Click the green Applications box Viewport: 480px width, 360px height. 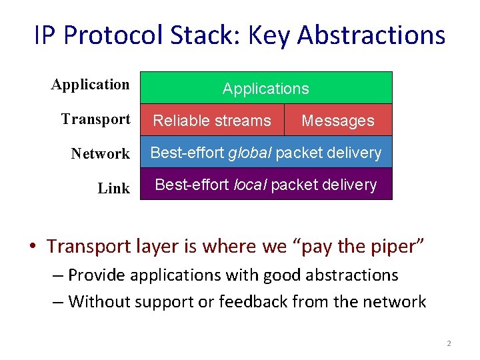(266, 88)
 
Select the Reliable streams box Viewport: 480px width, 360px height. (212, 121)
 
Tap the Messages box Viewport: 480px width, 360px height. (338, 121)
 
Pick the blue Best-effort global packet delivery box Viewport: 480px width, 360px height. (266, 153)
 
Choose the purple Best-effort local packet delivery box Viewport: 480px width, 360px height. (266, 185)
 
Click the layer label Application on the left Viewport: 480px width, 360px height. (91, 85)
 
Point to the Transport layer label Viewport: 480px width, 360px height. (95, 119)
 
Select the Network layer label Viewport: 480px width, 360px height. (100, 154)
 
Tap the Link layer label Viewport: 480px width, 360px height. (113, 189)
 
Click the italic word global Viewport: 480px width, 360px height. (249, 153)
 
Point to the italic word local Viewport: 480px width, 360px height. (248, 185)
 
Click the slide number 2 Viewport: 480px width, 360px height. (449, 343)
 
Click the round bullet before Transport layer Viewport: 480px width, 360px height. (33, 247)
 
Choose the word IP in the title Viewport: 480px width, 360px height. (45, 35)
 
